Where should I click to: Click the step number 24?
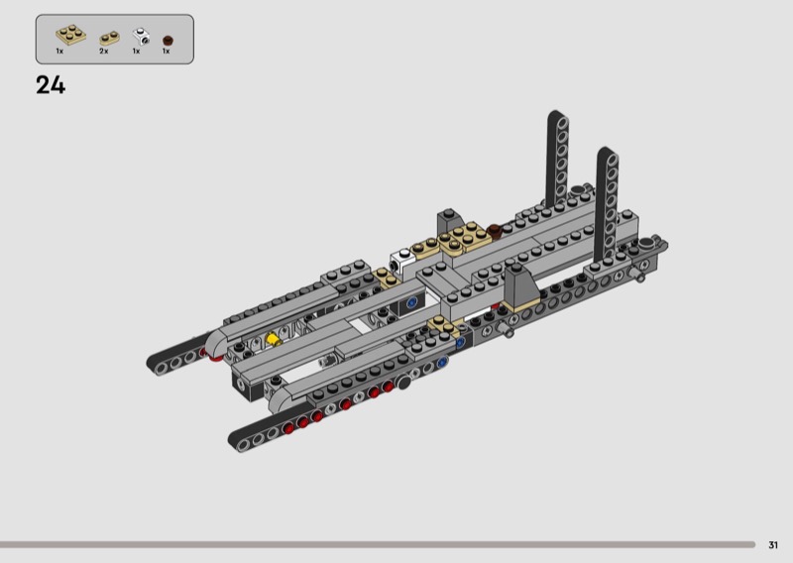point(51,85)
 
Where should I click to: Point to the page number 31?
point(773,545)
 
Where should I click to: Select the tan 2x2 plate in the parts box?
point(70,35)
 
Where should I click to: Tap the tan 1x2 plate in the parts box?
point(110,39)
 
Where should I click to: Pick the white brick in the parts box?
point(141,36)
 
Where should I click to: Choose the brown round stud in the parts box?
point(168,41)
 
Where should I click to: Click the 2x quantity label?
point(104,52)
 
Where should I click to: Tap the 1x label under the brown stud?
point(166,52)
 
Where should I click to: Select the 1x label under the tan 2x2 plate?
point(59,52)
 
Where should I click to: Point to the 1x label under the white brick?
point(136,52)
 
